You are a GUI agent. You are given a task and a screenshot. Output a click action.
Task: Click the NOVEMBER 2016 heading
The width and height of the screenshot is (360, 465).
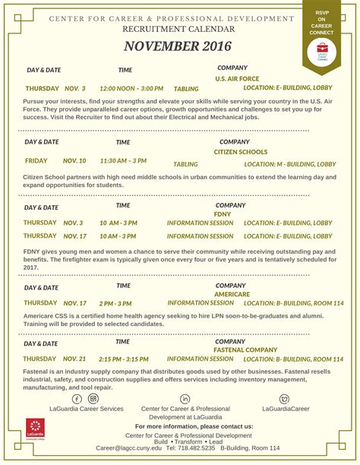(179, 46)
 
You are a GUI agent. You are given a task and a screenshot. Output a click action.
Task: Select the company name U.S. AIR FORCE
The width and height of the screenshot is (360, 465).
(237, 78)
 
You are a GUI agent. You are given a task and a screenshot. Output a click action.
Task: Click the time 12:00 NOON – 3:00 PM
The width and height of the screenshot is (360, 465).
(131, 88)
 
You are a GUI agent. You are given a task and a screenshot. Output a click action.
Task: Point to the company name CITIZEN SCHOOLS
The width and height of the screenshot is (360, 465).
(240, 152)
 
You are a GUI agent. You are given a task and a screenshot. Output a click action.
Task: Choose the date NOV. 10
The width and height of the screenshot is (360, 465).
(74, 161)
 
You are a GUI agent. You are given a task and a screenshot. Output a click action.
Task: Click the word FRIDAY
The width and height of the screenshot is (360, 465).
(36, 161)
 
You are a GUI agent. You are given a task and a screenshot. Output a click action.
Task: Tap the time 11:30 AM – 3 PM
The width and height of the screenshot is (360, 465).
(123, 161)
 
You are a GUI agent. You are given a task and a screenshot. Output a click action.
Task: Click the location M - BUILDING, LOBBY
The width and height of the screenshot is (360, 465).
(290, 164)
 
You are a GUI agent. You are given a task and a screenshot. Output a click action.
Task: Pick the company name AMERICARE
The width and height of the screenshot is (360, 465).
(232, 293)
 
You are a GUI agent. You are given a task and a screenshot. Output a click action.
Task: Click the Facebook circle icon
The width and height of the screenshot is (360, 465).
(77, 399)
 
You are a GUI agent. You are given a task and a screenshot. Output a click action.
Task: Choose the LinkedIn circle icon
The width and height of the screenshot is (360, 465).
(185, 399)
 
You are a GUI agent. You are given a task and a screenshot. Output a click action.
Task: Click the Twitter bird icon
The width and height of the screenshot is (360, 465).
(284, 399)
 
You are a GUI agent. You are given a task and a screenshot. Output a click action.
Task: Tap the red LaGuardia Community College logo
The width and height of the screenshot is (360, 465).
(35, 429)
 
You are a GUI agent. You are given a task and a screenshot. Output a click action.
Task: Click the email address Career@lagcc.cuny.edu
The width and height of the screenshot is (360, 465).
(130, 448)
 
